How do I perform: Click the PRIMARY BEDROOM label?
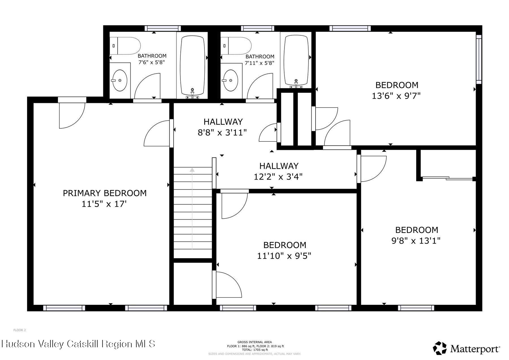click(x=105, y=193)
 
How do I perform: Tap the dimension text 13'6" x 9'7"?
click(x=396, y=96)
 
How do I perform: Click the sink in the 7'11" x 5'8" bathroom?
click(x=231, y=80)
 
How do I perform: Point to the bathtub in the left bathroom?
click(x=192, y=65)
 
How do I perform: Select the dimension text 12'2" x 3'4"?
click(x=278, y=177)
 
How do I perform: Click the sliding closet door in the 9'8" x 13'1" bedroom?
click(x=447, y=178)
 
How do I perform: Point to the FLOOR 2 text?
click(x=20, y=330)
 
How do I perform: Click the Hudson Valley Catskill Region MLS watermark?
click(x=78, y=344)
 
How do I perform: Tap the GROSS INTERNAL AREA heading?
click(x=255, y=342)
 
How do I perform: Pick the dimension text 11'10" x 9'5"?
click(x=284, y=256)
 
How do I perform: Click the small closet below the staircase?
click(x=193, y=284)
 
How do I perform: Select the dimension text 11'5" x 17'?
click(x=104, y=204)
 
